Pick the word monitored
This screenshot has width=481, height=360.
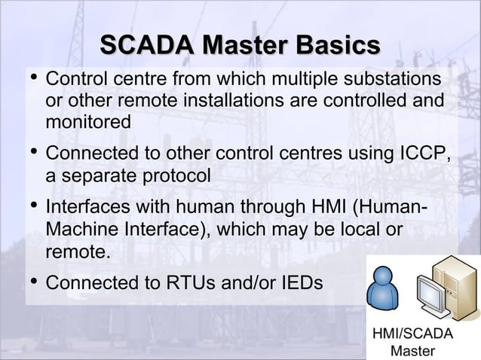coord(88,121)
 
